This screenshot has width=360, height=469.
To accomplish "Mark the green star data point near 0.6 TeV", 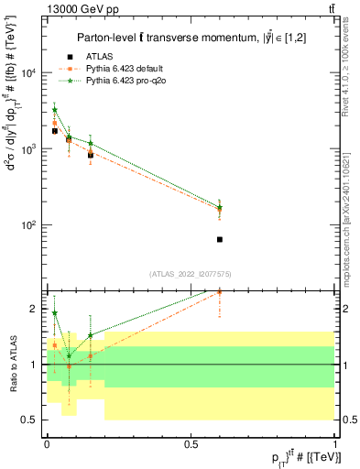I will pyautogui.click(x=220, y=207).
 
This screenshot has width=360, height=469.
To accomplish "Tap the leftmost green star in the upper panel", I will pyautogui.click(x=55, y=109).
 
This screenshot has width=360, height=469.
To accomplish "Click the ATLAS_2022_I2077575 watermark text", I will pyautogui.click(x=191, y=273).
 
